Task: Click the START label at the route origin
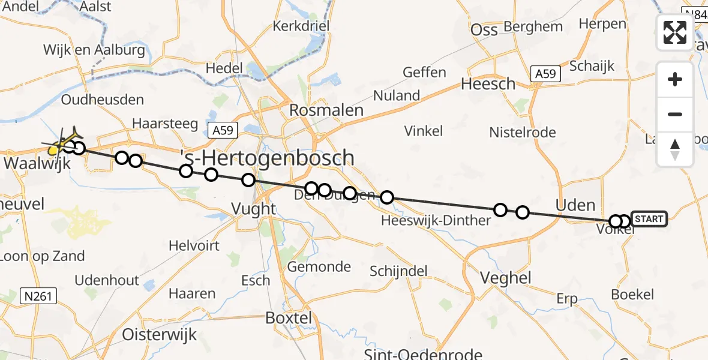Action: pos(649,219)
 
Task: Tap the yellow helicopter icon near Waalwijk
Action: pos(57,147)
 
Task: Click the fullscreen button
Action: pos(675,32)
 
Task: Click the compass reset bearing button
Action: pos(675,149)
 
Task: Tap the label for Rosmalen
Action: pos(326,110)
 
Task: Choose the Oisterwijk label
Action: pos(159,334)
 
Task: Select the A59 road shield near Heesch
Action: pos(545,74)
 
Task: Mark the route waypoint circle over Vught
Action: pos(248,180)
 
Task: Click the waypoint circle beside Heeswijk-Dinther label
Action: pos(387,197)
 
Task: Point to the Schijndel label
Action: pos(398,271)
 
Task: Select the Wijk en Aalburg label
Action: pos(94,50)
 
